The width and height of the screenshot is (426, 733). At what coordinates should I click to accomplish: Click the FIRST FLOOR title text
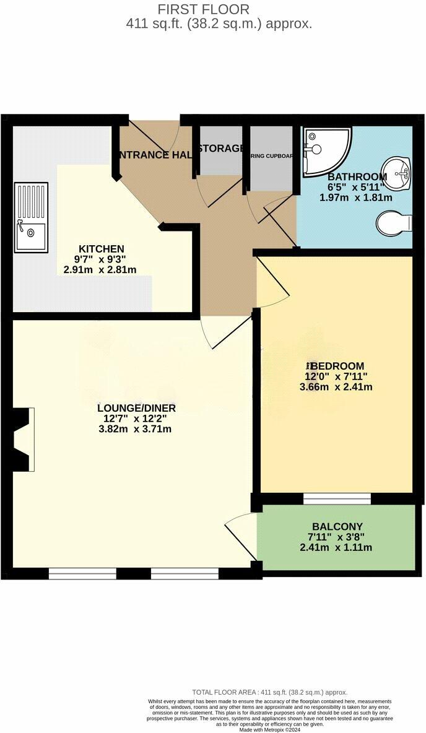coord(204,9)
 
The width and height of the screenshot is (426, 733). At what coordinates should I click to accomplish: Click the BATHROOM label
coord(357,176)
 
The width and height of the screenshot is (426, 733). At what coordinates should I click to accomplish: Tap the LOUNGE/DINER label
coord(137,408)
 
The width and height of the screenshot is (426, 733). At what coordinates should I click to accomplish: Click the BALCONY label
coord(337,526)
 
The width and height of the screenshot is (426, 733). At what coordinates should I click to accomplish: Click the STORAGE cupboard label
coord(220,149)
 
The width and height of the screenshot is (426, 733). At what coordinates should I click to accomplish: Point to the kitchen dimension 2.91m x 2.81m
coord(101,269)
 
